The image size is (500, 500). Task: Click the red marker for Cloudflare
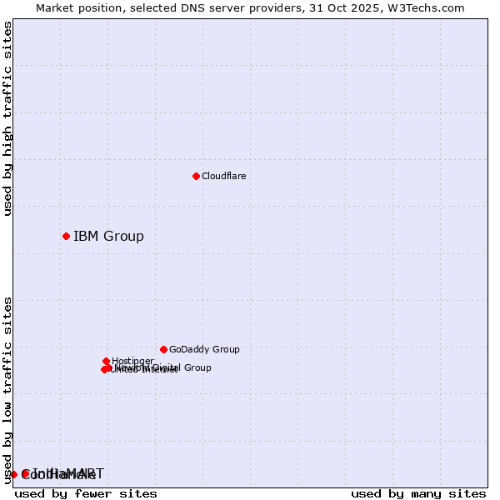196,176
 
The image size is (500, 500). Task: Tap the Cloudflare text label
223,176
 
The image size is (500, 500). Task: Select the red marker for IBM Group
66,236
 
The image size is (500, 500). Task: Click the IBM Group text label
108,236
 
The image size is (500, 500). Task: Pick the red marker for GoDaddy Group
163,349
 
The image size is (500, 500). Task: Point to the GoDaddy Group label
204,349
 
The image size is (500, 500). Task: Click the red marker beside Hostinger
106,361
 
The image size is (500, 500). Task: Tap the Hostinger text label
132,361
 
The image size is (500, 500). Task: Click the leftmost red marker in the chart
13,474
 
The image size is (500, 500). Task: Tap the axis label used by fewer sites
86,493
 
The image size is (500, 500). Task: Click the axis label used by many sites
418,493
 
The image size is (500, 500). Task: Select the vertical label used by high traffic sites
7,119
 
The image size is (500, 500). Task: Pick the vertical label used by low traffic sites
7,389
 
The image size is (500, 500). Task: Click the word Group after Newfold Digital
197,367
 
